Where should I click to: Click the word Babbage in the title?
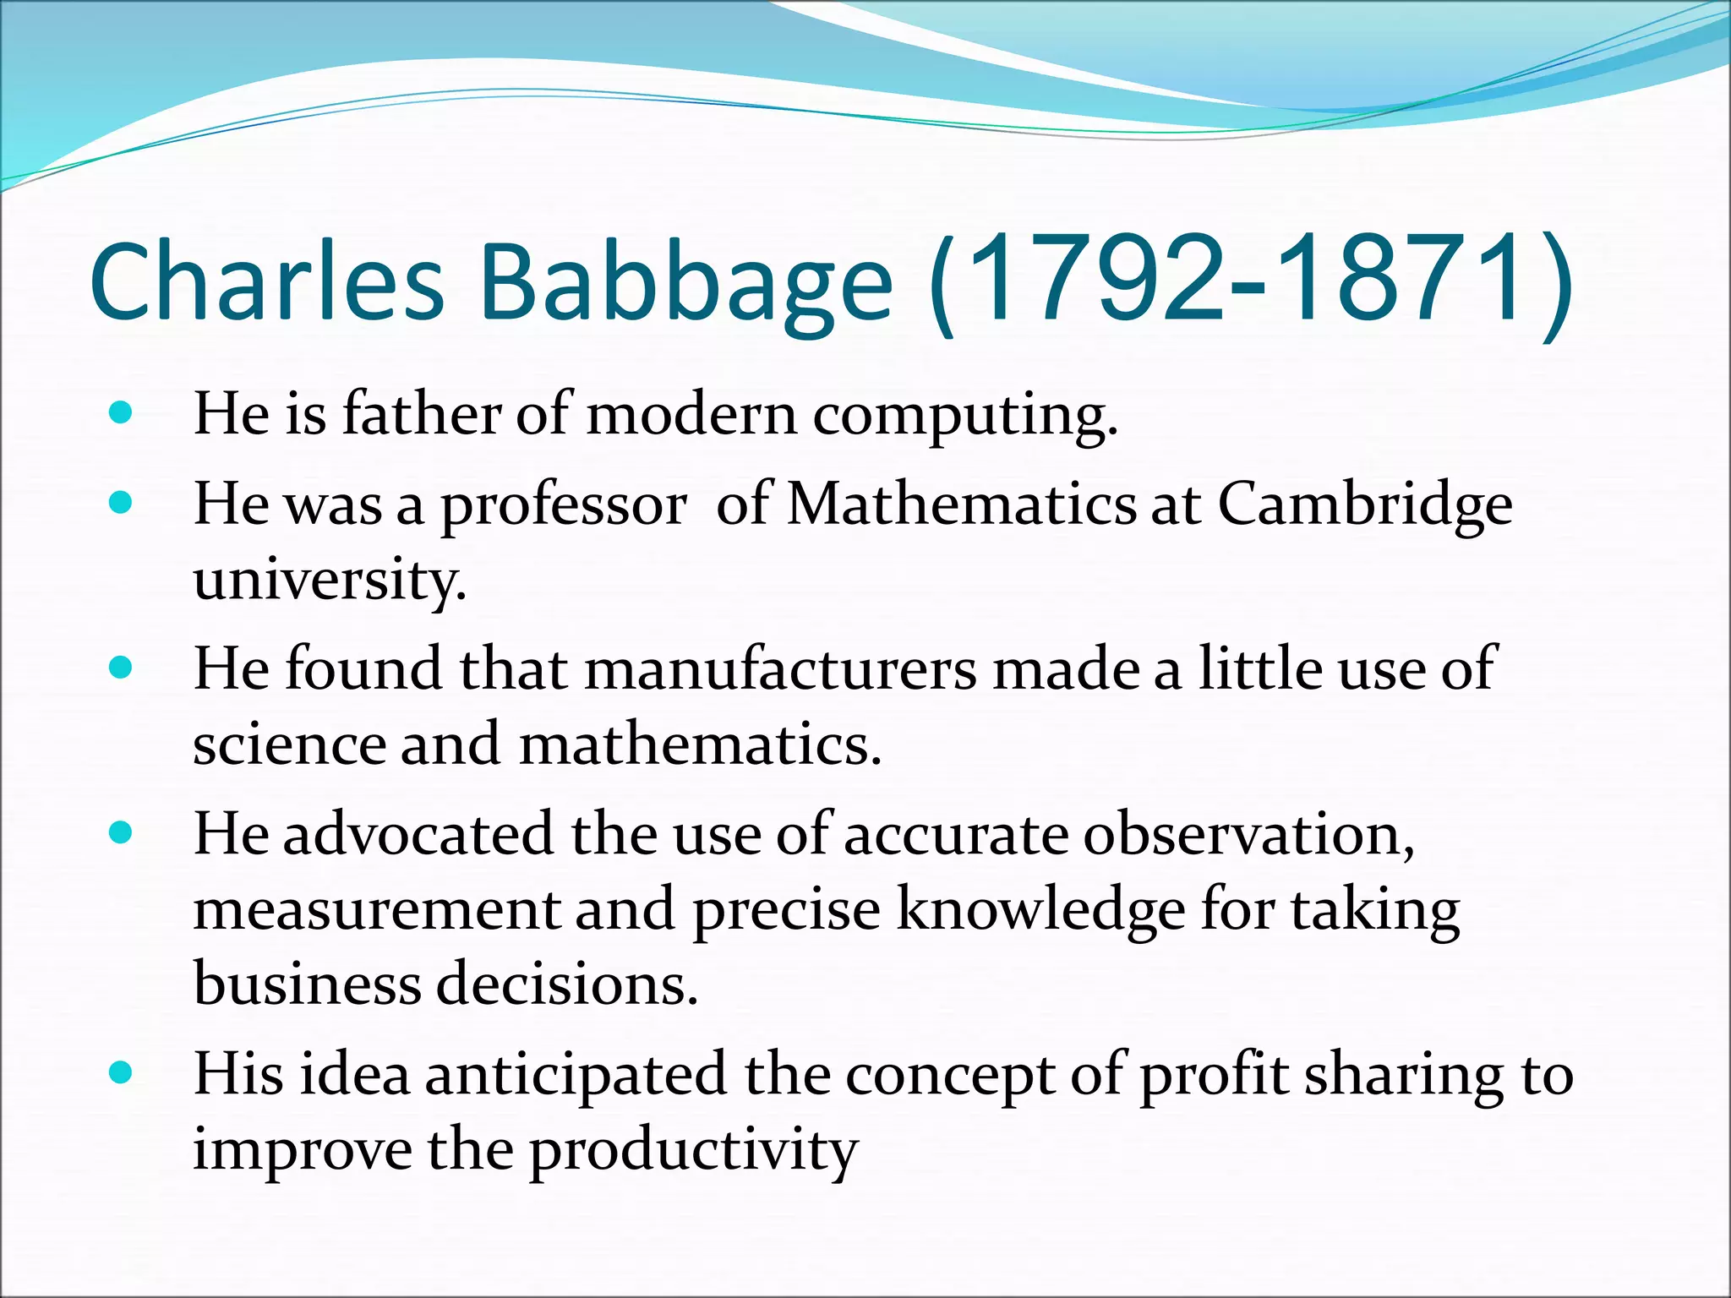685,283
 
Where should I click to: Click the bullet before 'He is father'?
122,413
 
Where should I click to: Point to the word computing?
964,417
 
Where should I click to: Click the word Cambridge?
1364,506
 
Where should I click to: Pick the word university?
330,581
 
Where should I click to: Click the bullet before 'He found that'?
122,668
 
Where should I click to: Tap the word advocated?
418,834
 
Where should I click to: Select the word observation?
1248,834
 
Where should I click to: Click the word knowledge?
1040,911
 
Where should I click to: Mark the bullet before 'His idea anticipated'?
122,1074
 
